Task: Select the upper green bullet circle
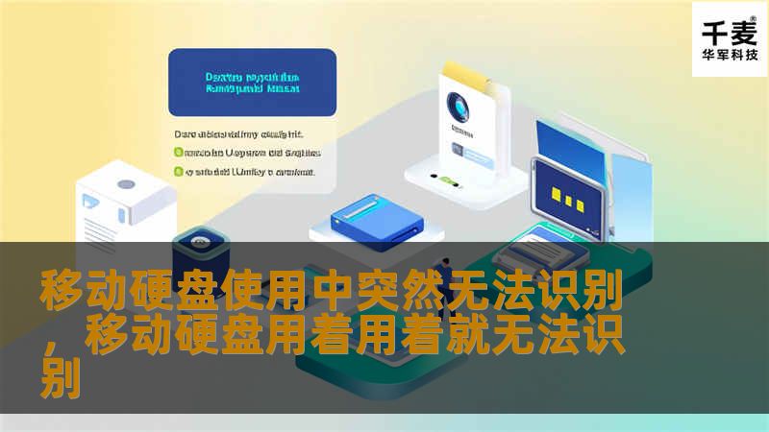coord(178,152)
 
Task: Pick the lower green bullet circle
coord(178,173)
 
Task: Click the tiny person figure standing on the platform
coord(444,271)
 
